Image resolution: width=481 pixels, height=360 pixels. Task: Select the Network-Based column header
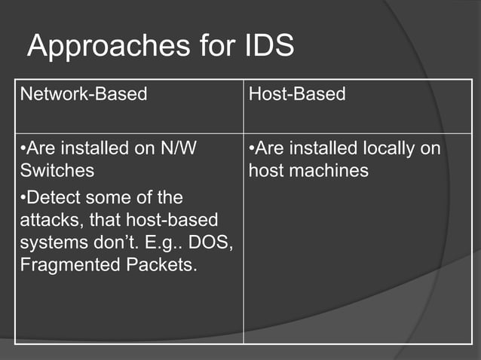(83, 94)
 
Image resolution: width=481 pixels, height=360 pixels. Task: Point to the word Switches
(57, 171)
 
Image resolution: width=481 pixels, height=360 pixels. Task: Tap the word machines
(331, 171)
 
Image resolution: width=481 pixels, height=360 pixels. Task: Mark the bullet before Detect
(23, 198)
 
